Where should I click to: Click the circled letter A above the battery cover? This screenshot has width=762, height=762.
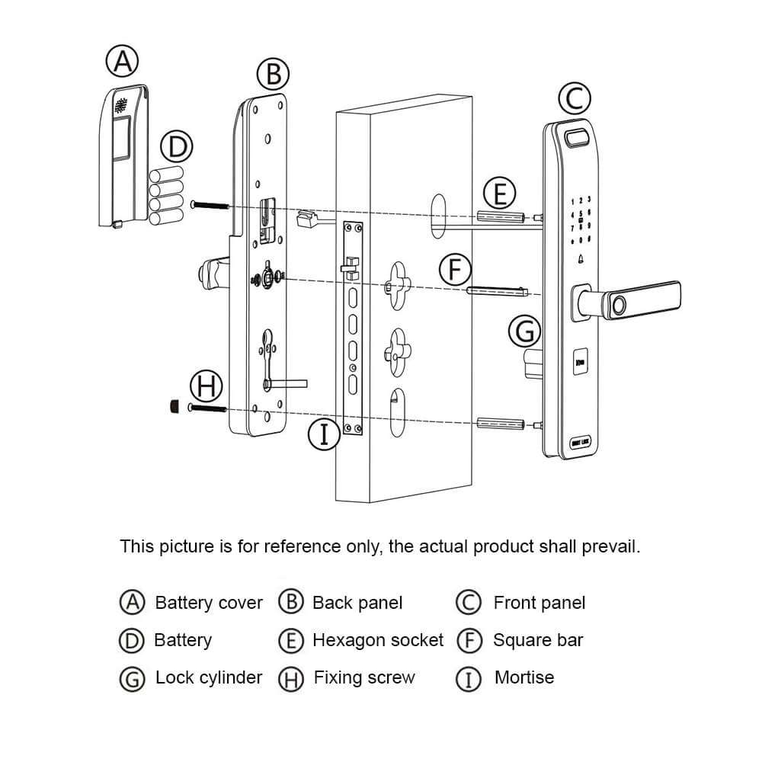(x=122, y=62)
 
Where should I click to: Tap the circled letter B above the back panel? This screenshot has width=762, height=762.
(x=273, y=75)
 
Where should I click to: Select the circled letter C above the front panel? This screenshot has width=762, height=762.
(x=575, y=98)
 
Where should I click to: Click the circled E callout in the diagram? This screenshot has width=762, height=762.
(x=500, y=193)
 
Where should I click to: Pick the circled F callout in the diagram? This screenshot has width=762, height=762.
(x=456, y=270)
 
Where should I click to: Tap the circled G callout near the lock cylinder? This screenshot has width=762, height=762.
(x=524, y=331)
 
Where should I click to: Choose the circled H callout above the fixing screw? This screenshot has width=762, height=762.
(x=204, y=386)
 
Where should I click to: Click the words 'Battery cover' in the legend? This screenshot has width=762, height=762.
(x=209, y=604)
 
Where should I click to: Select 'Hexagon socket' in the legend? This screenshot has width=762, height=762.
(x=378, y=640)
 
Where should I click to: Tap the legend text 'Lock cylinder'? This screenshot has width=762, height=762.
(x=209, y=677)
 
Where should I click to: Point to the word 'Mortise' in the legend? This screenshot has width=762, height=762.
(x=524, y=677)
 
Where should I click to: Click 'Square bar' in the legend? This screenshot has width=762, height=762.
(x=538, y=640)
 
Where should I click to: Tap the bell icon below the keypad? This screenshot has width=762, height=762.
(x=581, y=259)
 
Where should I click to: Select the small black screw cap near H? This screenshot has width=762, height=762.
(x=174, y=407)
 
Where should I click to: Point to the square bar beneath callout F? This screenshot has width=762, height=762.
(x=495, y=290)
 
